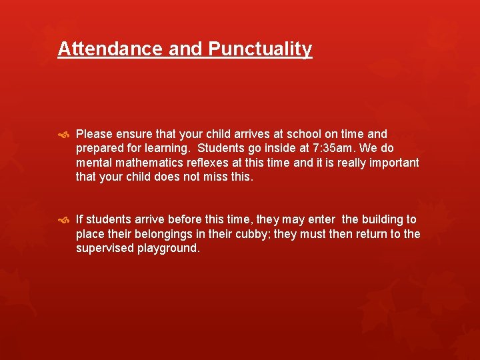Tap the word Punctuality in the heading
260,49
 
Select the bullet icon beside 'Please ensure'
64,135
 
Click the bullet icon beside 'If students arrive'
64,220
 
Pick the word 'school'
290,134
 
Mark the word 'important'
393,163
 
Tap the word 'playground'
167,249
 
